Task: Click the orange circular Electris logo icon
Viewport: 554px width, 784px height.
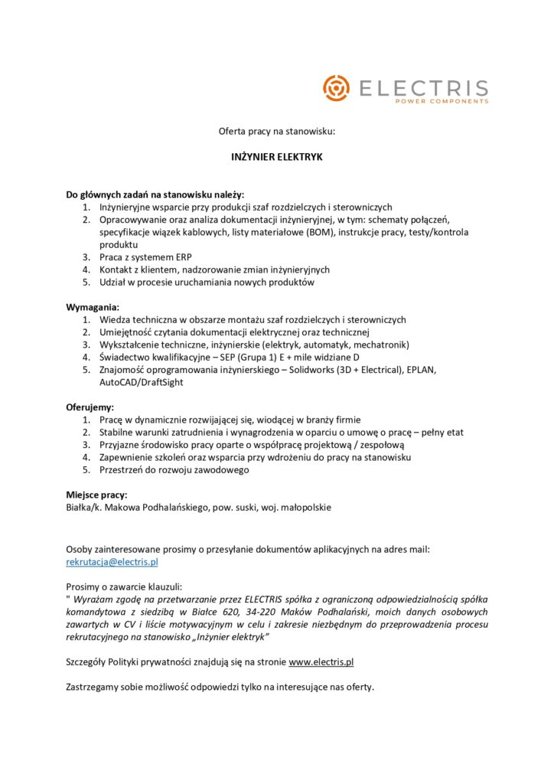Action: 335,88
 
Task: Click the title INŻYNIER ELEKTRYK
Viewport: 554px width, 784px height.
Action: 277,157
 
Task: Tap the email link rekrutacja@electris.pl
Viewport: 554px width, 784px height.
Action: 112,562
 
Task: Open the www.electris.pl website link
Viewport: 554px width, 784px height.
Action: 321,662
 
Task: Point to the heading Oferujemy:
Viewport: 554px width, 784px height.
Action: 90,407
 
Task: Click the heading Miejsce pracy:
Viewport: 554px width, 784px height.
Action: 96,495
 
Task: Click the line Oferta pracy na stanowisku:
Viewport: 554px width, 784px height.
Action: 277,132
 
